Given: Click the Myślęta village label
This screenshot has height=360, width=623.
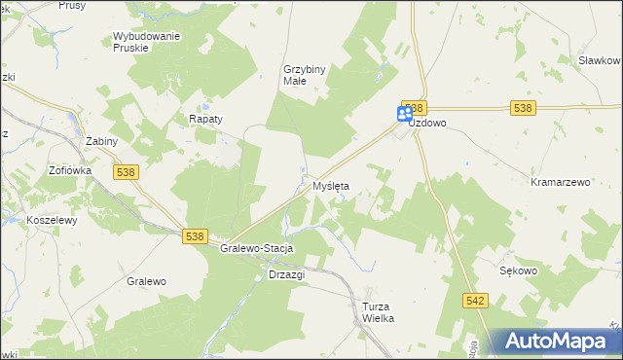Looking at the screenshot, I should coord(330,185).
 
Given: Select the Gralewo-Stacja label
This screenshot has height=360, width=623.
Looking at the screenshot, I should coord(257,248).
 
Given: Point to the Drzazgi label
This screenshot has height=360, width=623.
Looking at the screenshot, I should coord(286,274).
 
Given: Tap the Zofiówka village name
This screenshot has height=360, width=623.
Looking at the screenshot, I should coord(70,169).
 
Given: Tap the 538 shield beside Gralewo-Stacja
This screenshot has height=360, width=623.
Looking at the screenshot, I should coord(195,236).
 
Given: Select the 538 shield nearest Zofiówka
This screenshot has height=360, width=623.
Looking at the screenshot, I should coord(126,172).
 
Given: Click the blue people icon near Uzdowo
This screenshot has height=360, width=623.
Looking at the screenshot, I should coord(405,115).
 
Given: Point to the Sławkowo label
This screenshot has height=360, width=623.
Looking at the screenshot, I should coord(600,60).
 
